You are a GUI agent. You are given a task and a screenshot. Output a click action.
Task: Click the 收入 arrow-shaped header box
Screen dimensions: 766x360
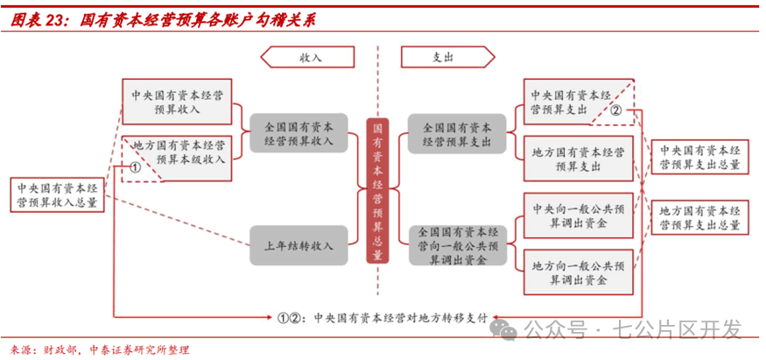click(x=307, y=57)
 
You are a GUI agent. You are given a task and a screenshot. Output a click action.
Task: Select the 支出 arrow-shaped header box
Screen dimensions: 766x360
click(x=448, y=57)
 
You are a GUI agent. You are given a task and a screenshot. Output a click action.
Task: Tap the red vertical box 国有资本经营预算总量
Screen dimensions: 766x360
click(x=377, y=191)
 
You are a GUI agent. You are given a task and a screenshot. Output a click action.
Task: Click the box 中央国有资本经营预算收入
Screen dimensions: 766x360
click(x=177, y=102)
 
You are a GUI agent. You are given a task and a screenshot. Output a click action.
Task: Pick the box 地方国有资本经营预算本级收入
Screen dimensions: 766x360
click(x=177, y=159)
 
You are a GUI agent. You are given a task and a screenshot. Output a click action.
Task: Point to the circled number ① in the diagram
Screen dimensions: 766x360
click(x=136, y=167)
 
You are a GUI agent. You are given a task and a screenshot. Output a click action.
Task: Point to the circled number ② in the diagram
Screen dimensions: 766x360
click(x=615, y=111)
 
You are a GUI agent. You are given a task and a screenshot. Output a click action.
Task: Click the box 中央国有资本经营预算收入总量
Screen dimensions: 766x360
click(x=58, y=194)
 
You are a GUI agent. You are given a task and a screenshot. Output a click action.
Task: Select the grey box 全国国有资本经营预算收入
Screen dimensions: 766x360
click(x=299, y=133)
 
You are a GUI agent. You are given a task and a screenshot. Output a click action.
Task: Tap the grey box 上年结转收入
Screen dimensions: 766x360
click(x=299, y=245)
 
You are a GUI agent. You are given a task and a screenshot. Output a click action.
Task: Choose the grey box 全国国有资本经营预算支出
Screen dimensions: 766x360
click(x=457, y=134)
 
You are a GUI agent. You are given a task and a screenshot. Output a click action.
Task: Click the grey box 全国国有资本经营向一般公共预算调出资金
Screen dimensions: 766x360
click(x=457, y=245)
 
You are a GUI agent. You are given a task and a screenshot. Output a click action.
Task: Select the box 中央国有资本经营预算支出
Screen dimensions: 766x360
click(x=579, y=102)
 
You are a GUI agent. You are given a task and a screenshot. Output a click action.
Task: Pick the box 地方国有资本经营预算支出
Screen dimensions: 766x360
click(x=579, y=159)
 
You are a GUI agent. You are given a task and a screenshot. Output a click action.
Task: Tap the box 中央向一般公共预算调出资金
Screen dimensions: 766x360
click(x=579, y=215)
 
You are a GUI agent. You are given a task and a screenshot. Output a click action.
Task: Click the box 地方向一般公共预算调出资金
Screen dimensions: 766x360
click(x=579, y=272)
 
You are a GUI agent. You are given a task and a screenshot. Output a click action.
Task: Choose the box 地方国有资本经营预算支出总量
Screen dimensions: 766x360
click(x=700, y=217)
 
